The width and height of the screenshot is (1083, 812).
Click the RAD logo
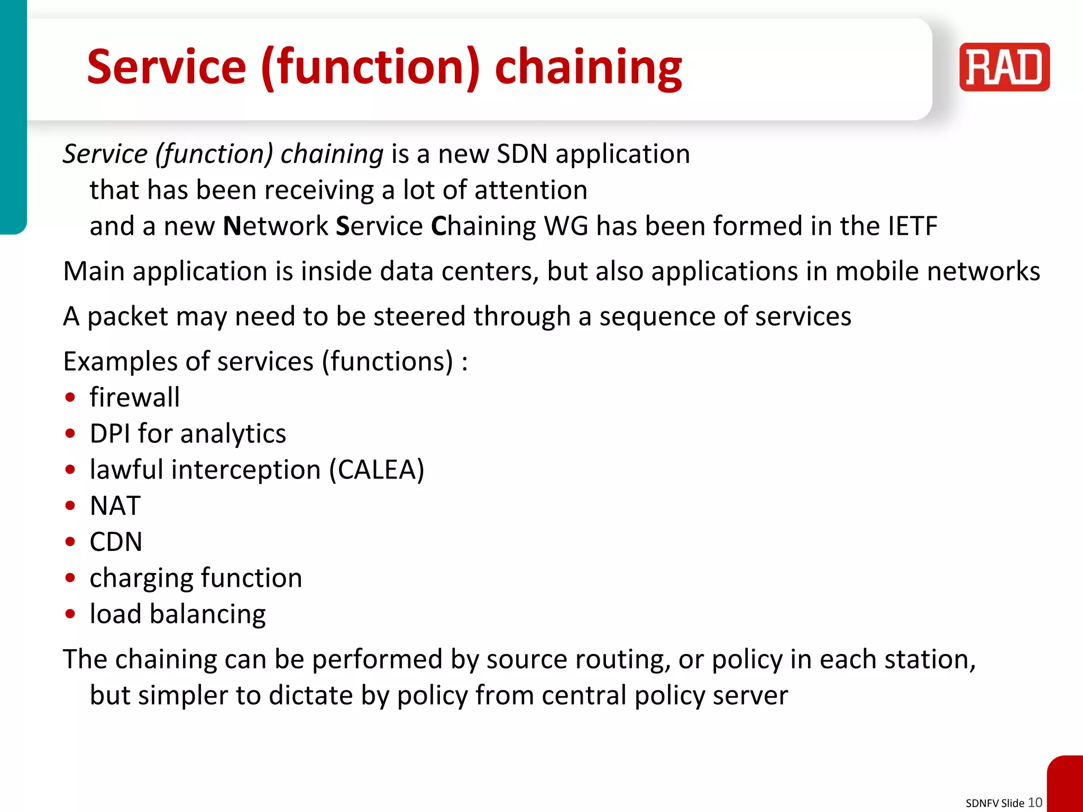pyautogui.click(x=1004, y=67)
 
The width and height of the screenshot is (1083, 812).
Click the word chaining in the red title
pyautogui.click(x=588, y=68)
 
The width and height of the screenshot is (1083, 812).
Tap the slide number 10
pyautogui.click(x=1035, y=802)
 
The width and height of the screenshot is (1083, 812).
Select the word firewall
pyautogui.click(x=134, y=397)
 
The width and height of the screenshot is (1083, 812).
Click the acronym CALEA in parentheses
pyautogui.click(x=377, y=469)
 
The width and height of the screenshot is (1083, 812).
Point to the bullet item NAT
pyautogui.click(x=115, y=505)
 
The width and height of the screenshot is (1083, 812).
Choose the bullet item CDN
pyautogui.click(x=116, y=541)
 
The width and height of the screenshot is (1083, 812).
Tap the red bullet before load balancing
pyautogui.click(x=70, y=614)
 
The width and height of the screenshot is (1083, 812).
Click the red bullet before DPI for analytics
pyautogui.click(x=70, y=433)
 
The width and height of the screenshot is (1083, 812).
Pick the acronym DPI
pyautogui.click(x=110, y=433)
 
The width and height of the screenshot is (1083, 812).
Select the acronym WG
pyautogui.click(x=565, y=226)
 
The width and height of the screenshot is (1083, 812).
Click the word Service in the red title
pyautogui.click(x=167, y=68)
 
